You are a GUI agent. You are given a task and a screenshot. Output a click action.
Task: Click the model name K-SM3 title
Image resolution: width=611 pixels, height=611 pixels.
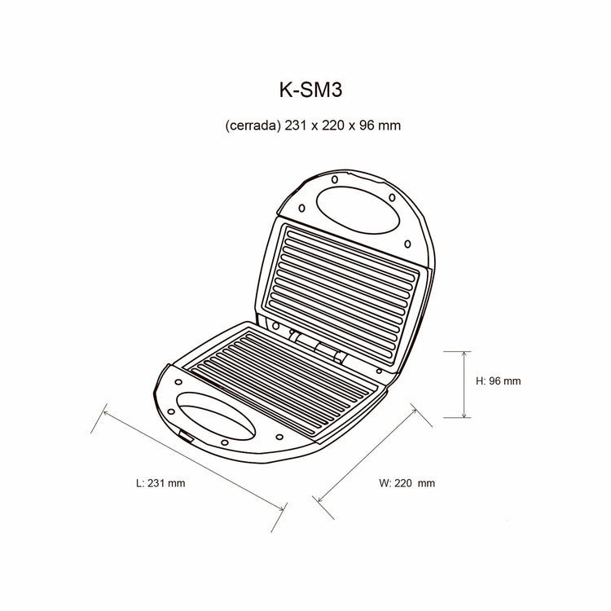pyautogui.click(x=310, y=90)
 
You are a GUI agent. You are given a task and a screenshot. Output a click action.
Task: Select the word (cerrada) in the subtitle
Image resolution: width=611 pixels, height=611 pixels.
pyautogui.click(x=253, y=125)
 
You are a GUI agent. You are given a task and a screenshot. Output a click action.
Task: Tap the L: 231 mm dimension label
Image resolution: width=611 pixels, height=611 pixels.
pyautogui.click(x=160, y=483)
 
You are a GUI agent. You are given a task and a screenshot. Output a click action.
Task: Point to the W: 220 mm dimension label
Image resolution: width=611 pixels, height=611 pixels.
pyautogui.click(x=407, y=483)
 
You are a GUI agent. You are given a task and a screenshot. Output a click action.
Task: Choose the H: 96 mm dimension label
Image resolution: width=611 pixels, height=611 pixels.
pyautogui.click(x=498, y=380)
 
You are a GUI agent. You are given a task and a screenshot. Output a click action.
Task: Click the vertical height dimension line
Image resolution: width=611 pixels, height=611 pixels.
pyautogui.click(x=464, y=385)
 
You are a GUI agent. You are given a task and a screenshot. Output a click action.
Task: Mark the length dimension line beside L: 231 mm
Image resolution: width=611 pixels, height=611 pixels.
pyautogui.click(x=194, y=460)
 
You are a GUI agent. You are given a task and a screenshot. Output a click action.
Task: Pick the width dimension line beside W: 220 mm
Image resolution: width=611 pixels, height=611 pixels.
pyautogui.click(x=367, y=455)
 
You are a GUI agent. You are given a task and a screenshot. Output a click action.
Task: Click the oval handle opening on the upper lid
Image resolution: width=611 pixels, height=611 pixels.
pyautogui.click(x=358, y=210)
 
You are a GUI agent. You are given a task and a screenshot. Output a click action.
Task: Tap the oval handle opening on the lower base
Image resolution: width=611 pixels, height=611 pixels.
pyautogui.click(x=216, y=416)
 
